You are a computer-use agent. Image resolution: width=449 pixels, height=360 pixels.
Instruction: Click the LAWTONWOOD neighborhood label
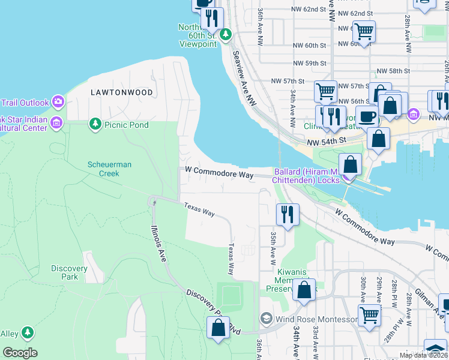click(121, 92)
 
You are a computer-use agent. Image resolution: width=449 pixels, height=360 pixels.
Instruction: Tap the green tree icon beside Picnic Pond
click(95, 124)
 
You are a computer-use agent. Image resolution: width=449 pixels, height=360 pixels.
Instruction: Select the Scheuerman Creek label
click(109, 169)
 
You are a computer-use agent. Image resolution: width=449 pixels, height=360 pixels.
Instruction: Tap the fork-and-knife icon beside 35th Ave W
click(288, 214)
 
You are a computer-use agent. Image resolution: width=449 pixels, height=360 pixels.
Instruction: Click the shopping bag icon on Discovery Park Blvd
click(217, 328)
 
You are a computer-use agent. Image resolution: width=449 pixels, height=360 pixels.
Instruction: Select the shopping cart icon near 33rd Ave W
click(369, 314)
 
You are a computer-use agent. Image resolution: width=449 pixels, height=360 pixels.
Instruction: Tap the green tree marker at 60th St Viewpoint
click(226, 34)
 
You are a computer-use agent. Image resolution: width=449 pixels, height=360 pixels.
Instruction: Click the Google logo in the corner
click(20, 353)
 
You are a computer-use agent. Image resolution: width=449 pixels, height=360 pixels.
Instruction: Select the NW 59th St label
click(310, 63)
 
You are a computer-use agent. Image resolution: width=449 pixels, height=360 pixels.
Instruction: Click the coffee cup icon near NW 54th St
click(367, 115)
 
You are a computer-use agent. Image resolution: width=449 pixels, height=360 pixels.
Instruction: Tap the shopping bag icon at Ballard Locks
click(349, 164)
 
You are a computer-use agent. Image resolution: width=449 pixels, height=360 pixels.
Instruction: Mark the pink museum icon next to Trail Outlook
click(58, 100)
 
